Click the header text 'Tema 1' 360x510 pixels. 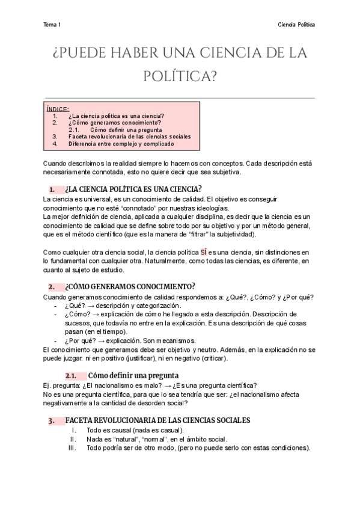[52, 25]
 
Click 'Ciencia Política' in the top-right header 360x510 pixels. [297, 25]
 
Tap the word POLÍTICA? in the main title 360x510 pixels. [180, 76]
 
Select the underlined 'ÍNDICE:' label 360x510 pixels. [58, 109]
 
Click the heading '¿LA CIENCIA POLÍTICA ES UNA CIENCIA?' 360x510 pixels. [133, 188]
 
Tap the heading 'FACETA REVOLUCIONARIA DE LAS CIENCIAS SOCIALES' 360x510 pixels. [157, 420]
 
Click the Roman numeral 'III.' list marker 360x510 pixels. [72, 448]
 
